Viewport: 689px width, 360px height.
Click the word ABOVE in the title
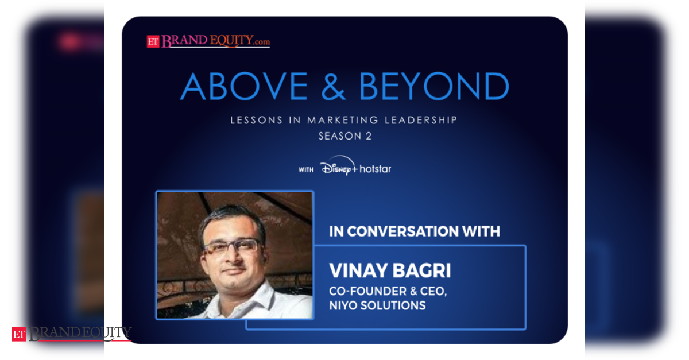pyautogui.click(x=244, y=87)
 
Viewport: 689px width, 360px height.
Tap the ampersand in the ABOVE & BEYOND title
pyautogui.click(x=334, y=87)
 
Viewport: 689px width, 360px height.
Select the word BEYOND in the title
pyautogui.click(x=434, y=87)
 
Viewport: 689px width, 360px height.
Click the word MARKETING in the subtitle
pyautogui.click(x=343, y=120)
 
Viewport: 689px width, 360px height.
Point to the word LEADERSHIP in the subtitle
pyautogui.click(x=421, y=120)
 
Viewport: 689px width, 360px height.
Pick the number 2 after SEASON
pyautogui.click(x=369, y=136)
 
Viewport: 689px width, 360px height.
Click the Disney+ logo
pyautogui.click(x=339, y=166)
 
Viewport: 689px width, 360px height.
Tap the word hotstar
pyautogui.click(x=376, y=169)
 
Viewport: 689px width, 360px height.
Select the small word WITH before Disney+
pyautogui.click(x=305, y=169)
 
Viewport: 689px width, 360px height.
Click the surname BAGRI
pyautogui.click(x=421, y=270)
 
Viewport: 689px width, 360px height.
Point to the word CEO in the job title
pyautogui.click(x=433, y=291)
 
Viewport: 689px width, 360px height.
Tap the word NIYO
pyautogui.click(x=343, y=305)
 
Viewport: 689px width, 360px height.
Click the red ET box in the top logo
pyautogui.click(x=153, y=42)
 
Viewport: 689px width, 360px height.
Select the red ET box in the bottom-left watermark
pyautogui.click(x=19, y=335)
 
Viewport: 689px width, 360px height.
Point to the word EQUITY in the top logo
pyautogui.click(x=232, y=41)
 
